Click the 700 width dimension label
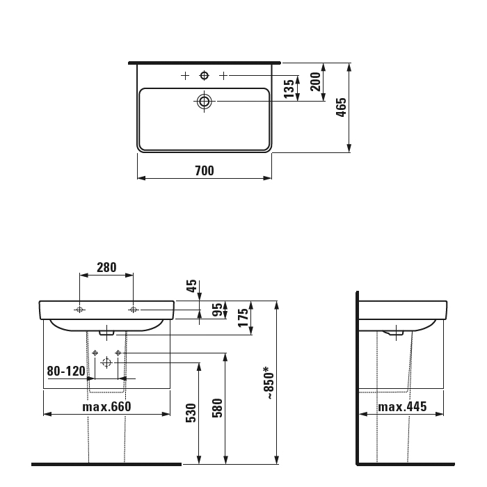pos(205,170)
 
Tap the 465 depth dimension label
pos(341,107)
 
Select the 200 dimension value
pos(315,81)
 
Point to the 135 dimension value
pos(289,88)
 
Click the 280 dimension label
pos(106,267)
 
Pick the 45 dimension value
pos(191,286)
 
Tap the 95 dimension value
pos(218,310)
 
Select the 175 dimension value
pos(243,317)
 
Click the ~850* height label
pos(269,383)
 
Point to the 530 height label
pos(191,413)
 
